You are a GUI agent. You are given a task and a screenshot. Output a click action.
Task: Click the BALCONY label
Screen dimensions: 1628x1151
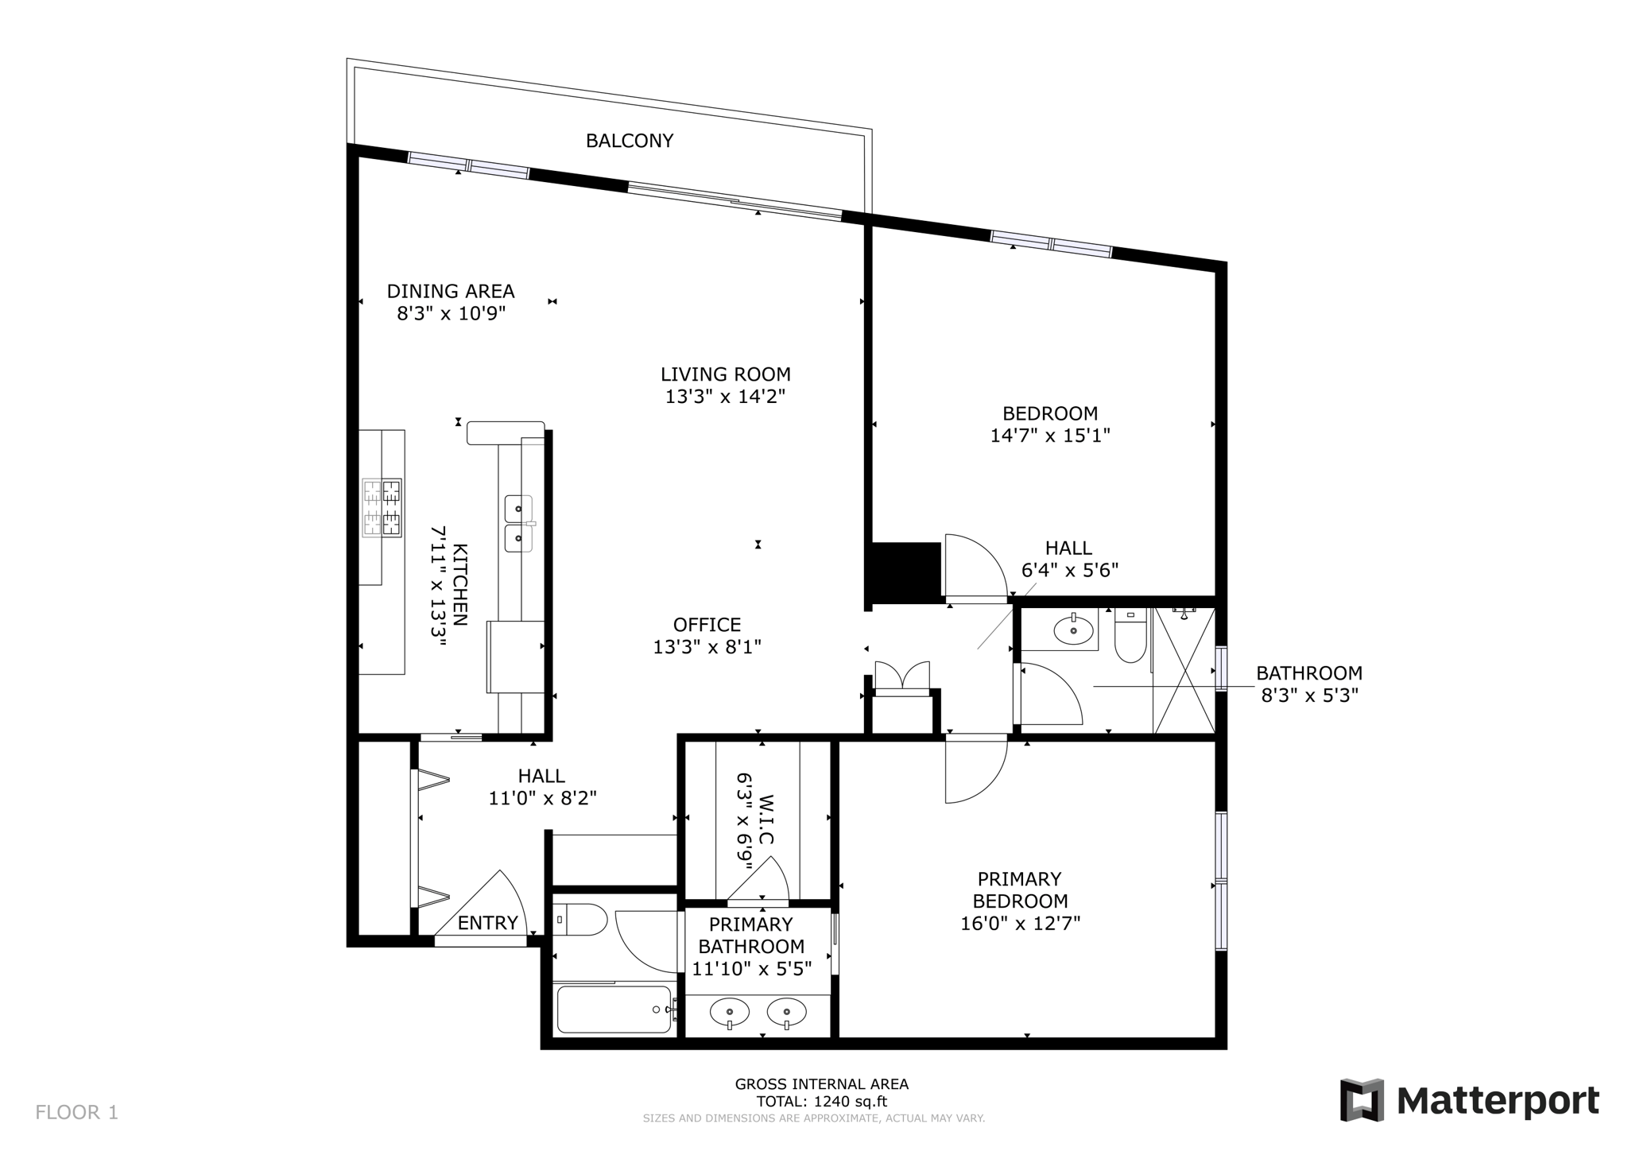[629, 141]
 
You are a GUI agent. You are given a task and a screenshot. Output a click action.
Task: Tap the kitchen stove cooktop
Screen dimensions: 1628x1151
[382, 508]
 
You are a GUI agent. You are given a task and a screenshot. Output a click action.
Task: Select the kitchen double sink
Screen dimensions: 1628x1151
[519, 523]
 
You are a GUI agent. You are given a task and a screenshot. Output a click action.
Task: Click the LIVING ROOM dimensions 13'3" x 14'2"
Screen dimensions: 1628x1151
[725, 396]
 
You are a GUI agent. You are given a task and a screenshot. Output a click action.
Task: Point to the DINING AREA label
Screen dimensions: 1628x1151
[451, 291]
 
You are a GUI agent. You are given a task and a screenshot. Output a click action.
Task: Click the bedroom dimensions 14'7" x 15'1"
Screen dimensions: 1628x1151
[1050, 436]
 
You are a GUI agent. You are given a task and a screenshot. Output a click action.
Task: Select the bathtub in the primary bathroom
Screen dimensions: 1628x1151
[614, 1009]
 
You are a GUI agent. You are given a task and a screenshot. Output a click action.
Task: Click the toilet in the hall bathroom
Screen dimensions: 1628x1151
[1130, 635]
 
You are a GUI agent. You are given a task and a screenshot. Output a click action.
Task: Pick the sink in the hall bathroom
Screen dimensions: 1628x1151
[1074, 630]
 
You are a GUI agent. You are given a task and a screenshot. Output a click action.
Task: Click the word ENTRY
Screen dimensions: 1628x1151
[487, 923]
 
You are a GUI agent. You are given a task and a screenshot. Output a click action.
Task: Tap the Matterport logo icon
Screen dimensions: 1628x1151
[1362, 1100]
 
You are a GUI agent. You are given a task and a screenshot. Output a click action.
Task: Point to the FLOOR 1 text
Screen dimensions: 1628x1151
[76, 1112]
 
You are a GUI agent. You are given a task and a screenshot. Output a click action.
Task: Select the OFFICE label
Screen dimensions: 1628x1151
[707, 625]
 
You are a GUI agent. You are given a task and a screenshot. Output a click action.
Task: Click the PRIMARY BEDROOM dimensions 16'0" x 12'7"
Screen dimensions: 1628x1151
[1020, 924]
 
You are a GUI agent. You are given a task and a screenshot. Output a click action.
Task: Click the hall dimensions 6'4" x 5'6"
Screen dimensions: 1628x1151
[1069, 570]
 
